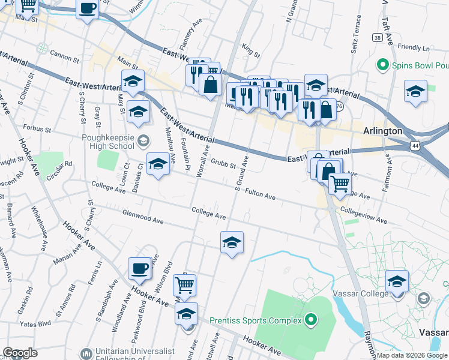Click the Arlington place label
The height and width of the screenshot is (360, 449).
tap(382, 131)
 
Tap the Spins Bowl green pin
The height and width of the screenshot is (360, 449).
tap(381, 64)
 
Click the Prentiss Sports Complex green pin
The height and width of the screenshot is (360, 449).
tap(310, 320)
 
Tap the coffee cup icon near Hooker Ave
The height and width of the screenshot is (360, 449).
tap(140, 268)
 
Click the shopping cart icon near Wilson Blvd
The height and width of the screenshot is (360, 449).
tap(184, 285)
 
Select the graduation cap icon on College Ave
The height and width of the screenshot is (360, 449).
tap(232, 242)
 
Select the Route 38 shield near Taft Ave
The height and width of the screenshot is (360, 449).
tap(377, 37)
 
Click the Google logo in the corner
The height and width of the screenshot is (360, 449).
tap(20, 352)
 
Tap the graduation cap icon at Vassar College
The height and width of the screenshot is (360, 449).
tap(397, 281)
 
